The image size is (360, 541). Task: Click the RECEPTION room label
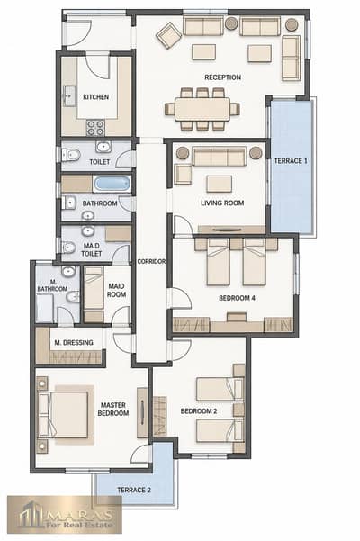tap(223, 77)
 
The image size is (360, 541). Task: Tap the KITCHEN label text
tap(96, 97)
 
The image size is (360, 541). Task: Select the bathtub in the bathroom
tap(112, 184)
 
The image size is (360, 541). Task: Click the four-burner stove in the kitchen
tap(95, 127)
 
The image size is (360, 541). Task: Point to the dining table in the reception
tap(202, 110)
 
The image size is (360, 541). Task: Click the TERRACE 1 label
tap(291, 161)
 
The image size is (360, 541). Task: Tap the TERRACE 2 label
tap(134, 490)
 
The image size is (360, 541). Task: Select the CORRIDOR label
tap(151, 262)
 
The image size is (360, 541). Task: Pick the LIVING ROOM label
tap(222, 203)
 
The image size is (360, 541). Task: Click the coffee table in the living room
tap(220, 184)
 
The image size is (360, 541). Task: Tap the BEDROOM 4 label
tap(238, 298)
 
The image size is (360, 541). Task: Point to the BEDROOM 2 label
tap(199, 411)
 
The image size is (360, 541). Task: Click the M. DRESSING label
tap(74, 343)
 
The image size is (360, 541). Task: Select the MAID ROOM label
tap(117, 291)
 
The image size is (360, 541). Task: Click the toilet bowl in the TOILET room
tap(71, 155)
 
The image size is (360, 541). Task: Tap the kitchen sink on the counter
tap(69, 95)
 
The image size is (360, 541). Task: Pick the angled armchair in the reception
tap(168, 35)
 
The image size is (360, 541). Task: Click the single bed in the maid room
tap(94, 294)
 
